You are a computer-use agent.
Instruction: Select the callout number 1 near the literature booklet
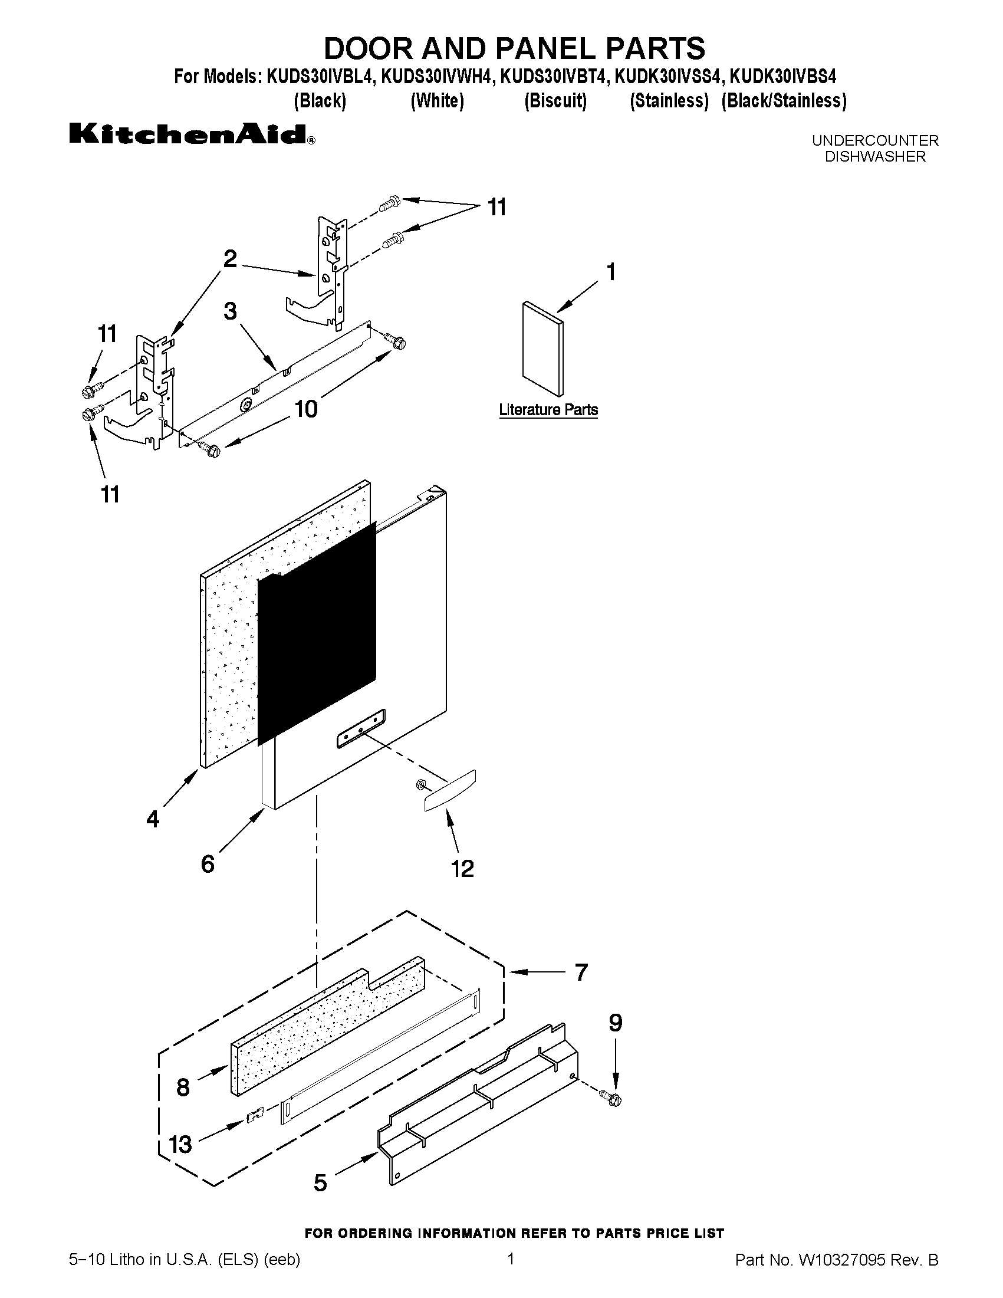[x=610, y=272]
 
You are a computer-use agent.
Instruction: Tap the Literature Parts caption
[x=548, y=410]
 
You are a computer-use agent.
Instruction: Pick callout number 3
[x=231, y=311]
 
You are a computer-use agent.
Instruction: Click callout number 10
[x=306, y=409]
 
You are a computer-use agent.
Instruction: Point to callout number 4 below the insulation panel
[x=153, y=820]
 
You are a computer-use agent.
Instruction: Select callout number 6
[x=208, y=863]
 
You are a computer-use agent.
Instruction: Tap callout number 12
[x=462, y=869]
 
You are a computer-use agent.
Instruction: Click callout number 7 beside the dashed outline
[x=581, y=972]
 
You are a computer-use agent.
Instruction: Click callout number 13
[x=180, y=1144]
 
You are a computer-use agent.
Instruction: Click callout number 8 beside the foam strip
[x=183, y=1087]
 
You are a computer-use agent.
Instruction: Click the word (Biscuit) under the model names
[x=555, y=101]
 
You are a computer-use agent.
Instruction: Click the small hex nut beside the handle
[x=420, y=785]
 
